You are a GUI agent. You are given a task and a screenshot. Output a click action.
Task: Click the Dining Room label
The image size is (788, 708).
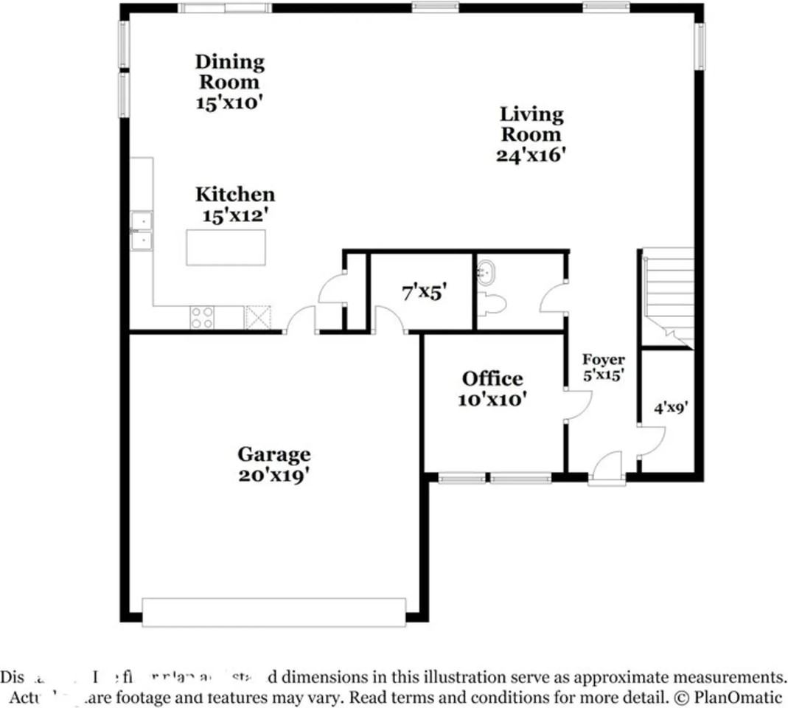229,72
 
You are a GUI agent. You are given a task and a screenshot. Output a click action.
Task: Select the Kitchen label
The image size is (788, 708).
234,194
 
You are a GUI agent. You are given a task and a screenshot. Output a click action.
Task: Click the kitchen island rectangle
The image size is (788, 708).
226,247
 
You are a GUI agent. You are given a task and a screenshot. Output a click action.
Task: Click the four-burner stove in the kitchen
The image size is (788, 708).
202,317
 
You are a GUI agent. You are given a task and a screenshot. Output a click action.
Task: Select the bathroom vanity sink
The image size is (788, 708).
486,273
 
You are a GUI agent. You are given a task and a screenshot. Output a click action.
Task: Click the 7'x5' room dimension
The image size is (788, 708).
424,292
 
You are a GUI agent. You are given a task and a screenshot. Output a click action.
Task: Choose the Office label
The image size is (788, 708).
492,379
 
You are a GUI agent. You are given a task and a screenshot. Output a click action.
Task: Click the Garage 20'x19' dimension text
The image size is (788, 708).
273,476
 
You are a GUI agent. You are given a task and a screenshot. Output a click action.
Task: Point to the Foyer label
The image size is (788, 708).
604,360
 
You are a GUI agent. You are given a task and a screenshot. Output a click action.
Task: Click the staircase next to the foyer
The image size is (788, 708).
668,295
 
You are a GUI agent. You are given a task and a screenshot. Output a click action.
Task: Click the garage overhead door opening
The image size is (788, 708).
273,612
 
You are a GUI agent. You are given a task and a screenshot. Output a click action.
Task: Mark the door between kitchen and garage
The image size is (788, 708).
300,322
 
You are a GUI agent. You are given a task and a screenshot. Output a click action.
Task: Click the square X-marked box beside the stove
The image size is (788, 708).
258,317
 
